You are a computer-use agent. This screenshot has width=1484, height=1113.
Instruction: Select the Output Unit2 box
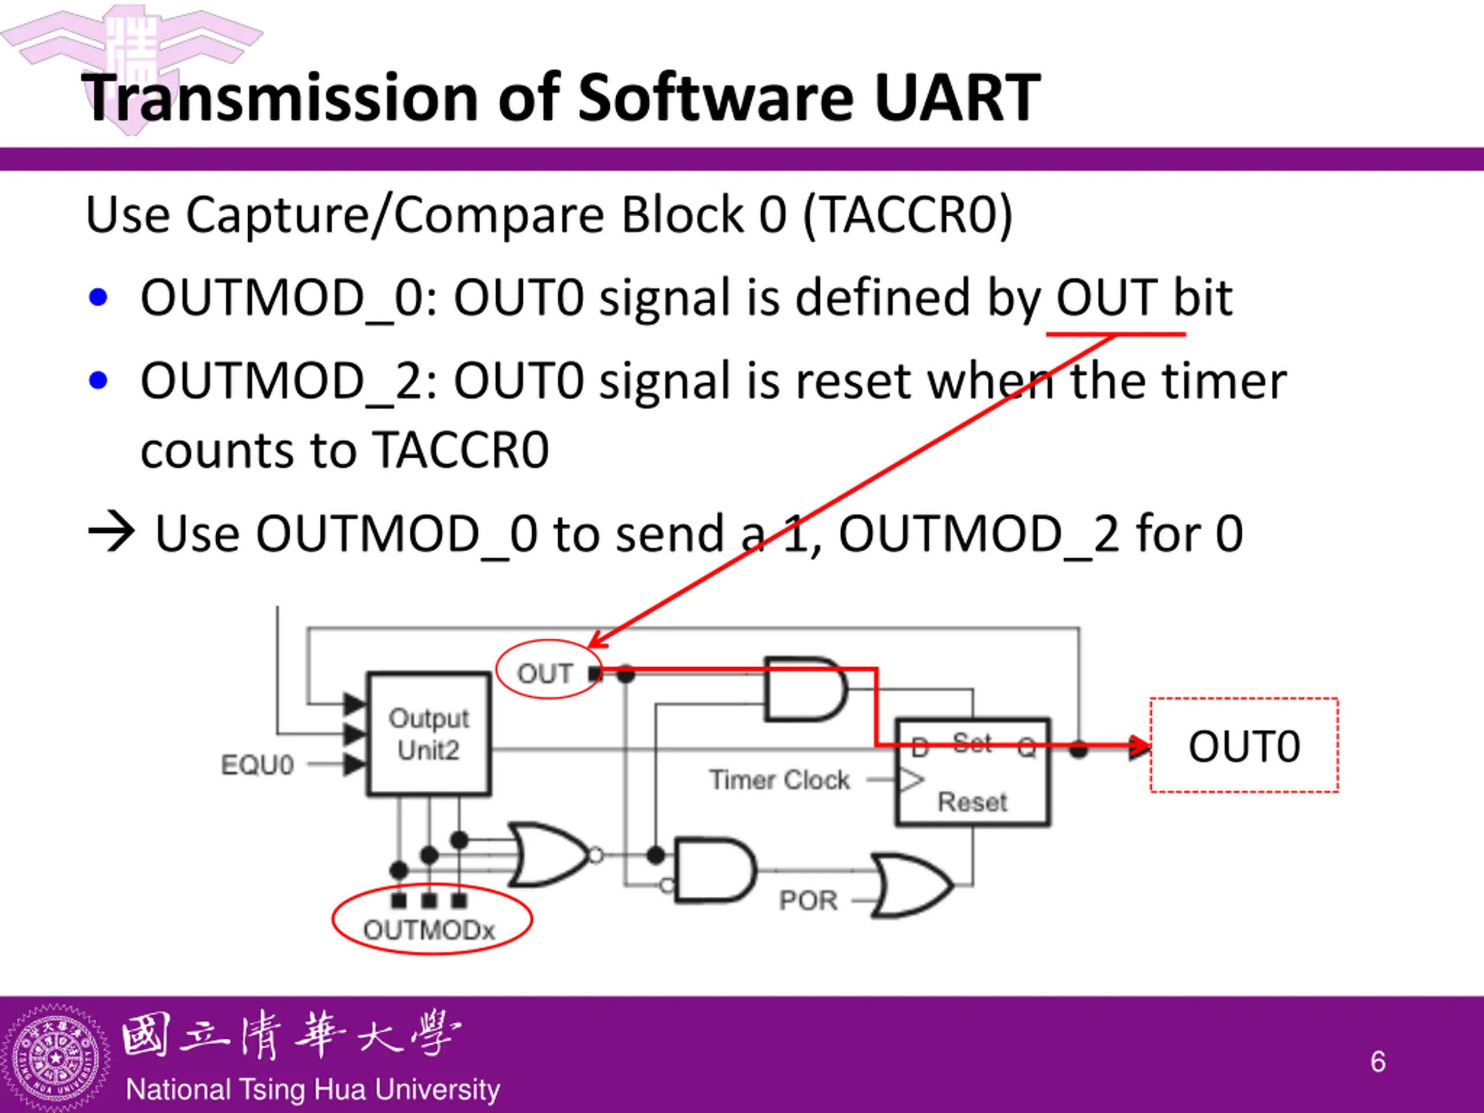point(429,734)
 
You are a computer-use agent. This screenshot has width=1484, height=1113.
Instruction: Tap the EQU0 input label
point(257,765)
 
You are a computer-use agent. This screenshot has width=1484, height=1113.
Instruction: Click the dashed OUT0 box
point(1244,745)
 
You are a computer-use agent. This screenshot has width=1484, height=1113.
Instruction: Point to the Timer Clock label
point(780,780)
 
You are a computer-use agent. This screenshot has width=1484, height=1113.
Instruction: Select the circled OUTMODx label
point(430,930)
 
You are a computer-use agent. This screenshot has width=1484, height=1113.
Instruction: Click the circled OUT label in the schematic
point(545,673)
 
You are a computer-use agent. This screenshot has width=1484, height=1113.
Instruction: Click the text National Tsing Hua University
point(312,1089)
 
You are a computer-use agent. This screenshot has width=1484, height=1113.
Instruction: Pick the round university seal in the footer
point(55,1058)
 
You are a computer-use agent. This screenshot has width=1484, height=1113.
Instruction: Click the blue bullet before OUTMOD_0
point(99,297)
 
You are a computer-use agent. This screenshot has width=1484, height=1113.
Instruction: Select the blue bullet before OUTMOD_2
point(99,380)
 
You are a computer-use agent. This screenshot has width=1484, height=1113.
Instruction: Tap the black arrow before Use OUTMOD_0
point(111,532)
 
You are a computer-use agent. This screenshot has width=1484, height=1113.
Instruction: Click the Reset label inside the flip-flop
point(972,802)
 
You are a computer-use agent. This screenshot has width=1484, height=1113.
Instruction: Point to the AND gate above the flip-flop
point(805,690)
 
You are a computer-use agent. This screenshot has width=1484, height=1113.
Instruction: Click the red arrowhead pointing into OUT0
point(1139,745)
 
